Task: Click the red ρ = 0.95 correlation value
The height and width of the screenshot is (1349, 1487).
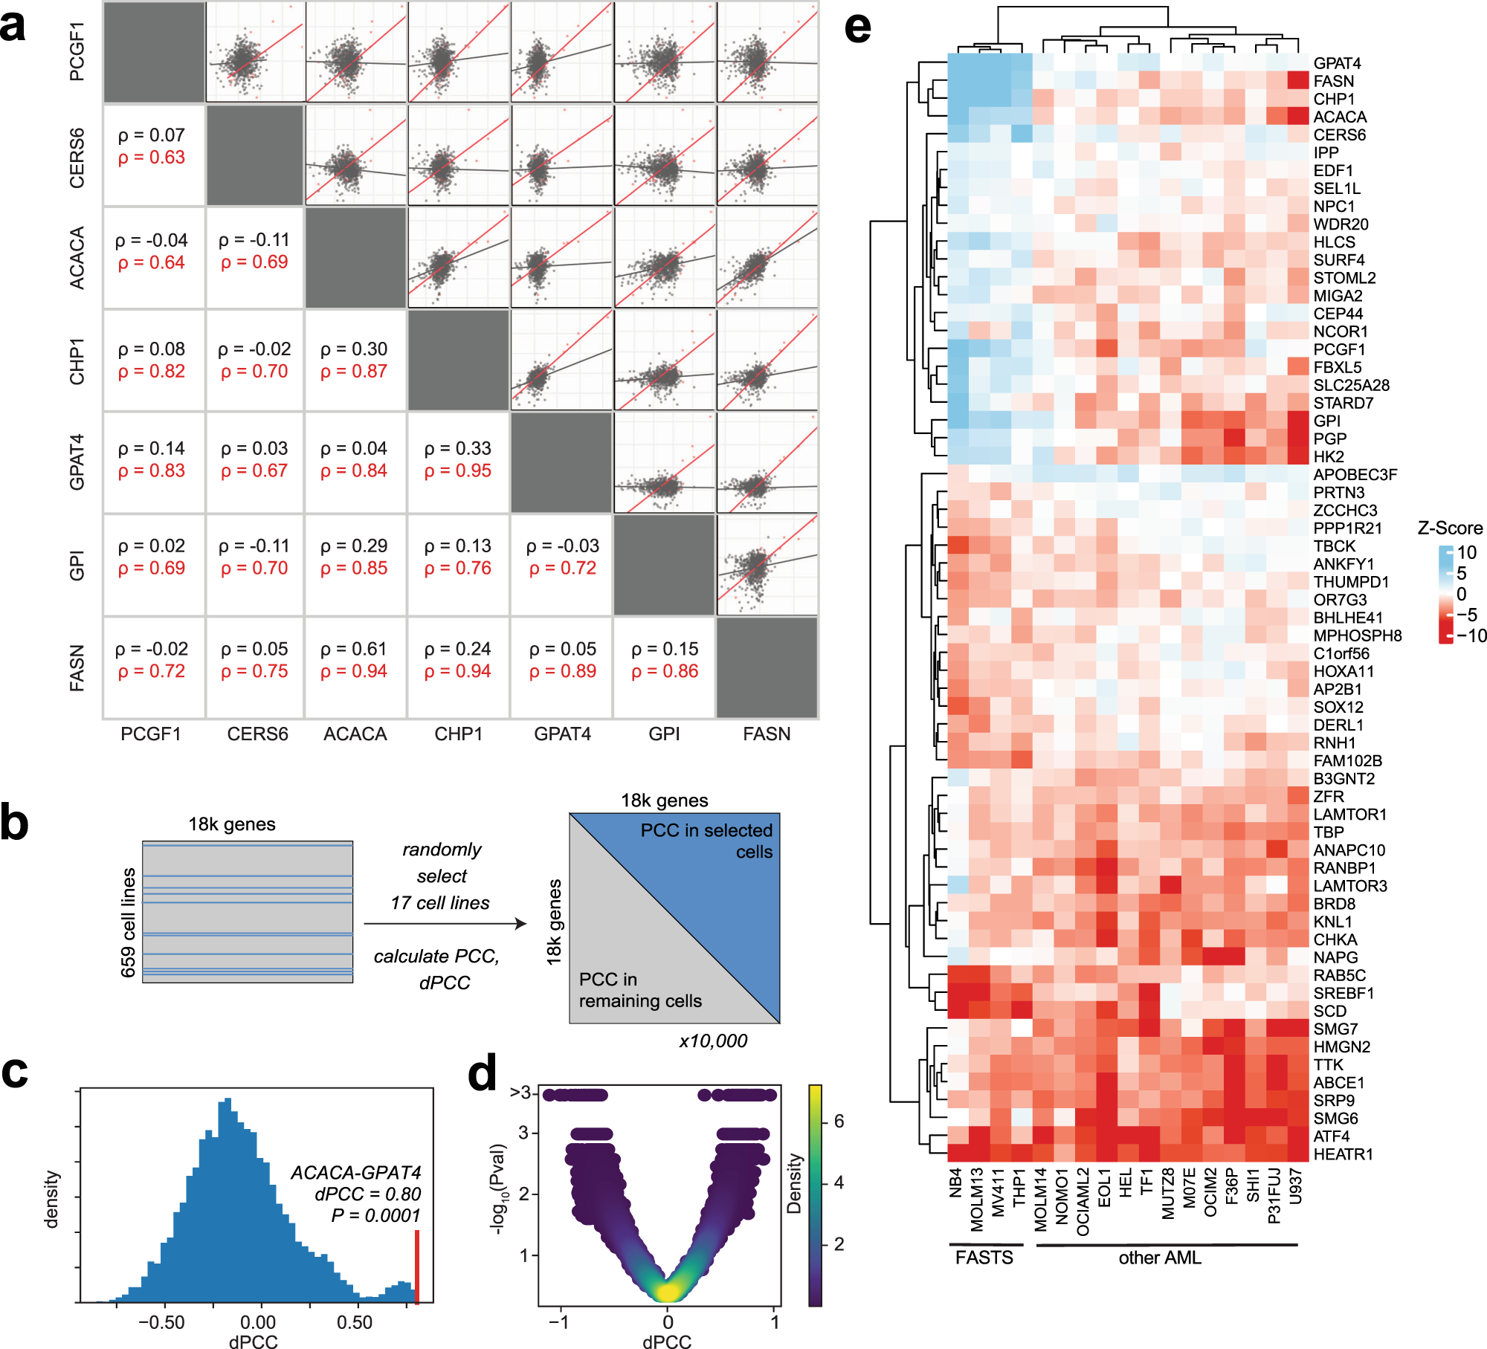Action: coord(457,470)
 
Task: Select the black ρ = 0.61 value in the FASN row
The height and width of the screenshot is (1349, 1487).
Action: coord(354,649)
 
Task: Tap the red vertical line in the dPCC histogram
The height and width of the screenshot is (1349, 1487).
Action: coord(417,1267)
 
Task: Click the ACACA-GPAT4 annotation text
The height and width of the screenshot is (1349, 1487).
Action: coord(355,1173)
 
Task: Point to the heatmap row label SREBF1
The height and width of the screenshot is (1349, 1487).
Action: coord(1344,993)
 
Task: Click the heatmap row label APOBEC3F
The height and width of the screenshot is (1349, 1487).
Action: coord(1355,475)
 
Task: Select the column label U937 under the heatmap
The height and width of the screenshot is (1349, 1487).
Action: coord(1296,1186)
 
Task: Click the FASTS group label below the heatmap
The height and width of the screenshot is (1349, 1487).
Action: coord(984,1258)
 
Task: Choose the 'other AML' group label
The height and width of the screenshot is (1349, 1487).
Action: coord(1159,1258)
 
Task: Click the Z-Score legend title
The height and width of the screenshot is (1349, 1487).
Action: coord(1449,528)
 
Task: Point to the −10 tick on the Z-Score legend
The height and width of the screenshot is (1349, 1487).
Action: coord(1471,636)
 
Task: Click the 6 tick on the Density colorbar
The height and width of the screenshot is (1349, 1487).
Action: coord(839,1122)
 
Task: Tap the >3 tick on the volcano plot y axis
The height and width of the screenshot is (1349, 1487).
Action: coord(520,1093)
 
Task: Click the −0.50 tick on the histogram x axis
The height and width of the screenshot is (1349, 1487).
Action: coord(161,1322)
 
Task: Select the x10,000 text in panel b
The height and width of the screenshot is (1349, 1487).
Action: coord(712,1041)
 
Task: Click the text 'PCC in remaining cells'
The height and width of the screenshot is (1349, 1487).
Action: coord(639,990)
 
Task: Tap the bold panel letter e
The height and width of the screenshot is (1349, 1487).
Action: coord(857,28)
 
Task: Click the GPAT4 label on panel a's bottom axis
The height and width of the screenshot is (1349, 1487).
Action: coord(562,734)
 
